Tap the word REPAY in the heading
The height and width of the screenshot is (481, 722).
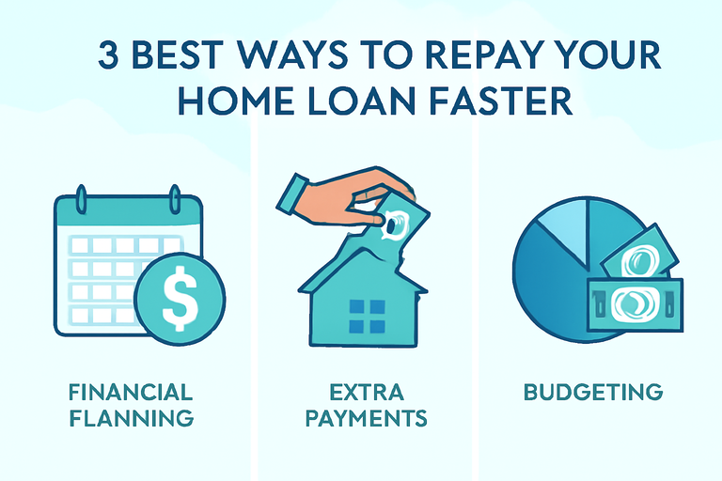point(476,55)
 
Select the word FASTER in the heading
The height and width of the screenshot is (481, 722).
point(500,101)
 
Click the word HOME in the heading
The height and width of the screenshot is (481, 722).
point(235,101)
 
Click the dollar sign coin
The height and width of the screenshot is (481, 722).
point(180,298)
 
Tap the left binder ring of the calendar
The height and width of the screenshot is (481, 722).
point(82,199)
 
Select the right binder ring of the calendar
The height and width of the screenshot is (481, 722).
point(175,199)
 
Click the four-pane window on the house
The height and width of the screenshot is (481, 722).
point(367,317)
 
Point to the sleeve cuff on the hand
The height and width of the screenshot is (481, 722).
point(293,194)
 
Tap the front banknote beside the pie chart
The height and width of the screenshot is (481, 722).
point(635,303)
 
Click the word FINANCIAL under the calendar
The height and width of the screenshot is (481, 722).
point(131,393)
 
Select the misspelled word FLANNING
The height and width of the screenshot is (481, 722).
point(132,418)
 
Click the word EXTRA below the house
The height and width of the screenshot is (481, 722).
point(367,393)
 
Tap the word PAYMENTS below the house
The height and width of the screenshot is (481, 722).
point(367,418)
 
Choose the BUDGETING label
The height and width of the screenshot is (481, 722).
point(593,392)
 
